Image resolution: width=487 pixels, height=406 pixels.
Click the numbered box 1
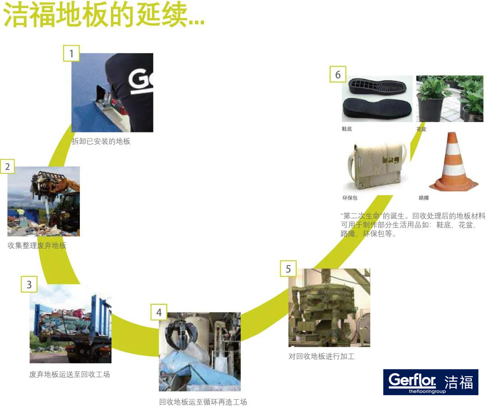71,53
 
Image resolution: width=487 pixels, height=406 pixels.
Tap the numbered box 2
8,167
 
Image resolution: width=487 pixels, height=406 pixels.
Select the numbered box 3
29,284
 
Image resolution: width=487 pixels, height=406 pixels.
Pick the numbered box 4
159,312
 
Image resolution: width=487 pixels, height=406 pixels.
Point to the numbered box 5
288,268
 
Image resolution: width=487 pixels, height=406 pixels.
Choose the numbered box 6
338,74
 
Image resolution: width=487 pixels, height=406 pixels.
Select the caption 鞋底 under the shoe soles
347,129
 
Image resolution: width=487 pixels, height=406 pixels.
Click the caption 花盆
422,129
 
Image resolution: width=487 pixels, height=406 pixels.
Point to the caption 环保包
350,198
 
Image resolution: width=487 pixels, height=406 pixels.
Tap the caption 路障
423,198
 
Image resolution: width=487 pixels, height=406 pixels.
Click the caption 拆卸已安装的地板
101,141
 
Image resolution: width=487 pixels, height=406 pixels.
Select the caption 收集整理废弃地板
37,245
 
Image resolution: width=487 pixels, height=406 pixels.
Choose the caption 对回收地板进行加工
322,356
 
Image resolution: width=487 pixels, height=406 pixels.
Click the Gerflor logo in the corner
431,382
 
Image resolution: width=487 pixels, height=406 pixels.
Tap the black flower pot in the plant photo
430,108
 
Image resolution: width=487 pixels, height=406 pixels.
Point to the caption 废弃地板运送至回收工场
69,374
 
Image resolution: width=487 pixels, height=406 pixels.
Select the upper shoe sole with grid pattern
377,86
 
